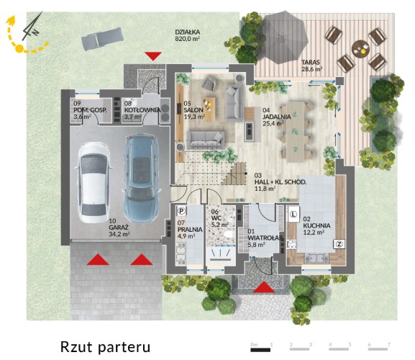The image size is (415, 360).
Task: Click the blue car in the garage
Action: point(141,178)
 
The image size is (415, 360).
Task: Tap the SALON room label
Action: point(193,110)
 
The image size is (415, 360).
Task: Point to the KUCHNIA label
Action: point(316,225)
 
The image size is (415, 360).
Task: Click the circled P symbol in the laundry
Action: point(181,211)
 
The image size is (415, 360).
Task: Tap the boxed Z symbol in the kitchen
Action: point(339,244)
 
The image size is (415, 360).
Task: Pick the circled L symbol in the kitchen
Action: point(293,214)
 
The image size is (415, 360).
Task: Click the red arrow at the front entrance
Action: point(264,287)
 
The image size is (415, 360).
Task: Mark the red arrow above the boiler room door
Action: point(153,56)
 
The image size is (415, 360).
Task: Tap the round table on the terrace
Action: point(360,49)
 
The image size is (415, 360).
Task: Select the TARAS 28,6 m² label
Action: point(311,66)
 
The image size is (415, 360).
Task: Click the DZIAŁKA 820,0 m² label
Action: point(188,35)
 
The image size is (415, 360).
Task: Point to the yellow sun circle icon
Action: point(19,48)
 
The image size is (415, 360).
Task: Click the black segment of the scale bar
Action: point(260,350)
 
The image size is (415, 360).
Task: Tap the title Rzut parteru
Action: point(105,347)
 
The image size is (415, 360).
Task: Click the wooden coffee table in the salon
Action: point(209,109)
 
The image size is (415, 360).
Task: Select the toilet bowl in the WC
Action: point(227,235)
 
